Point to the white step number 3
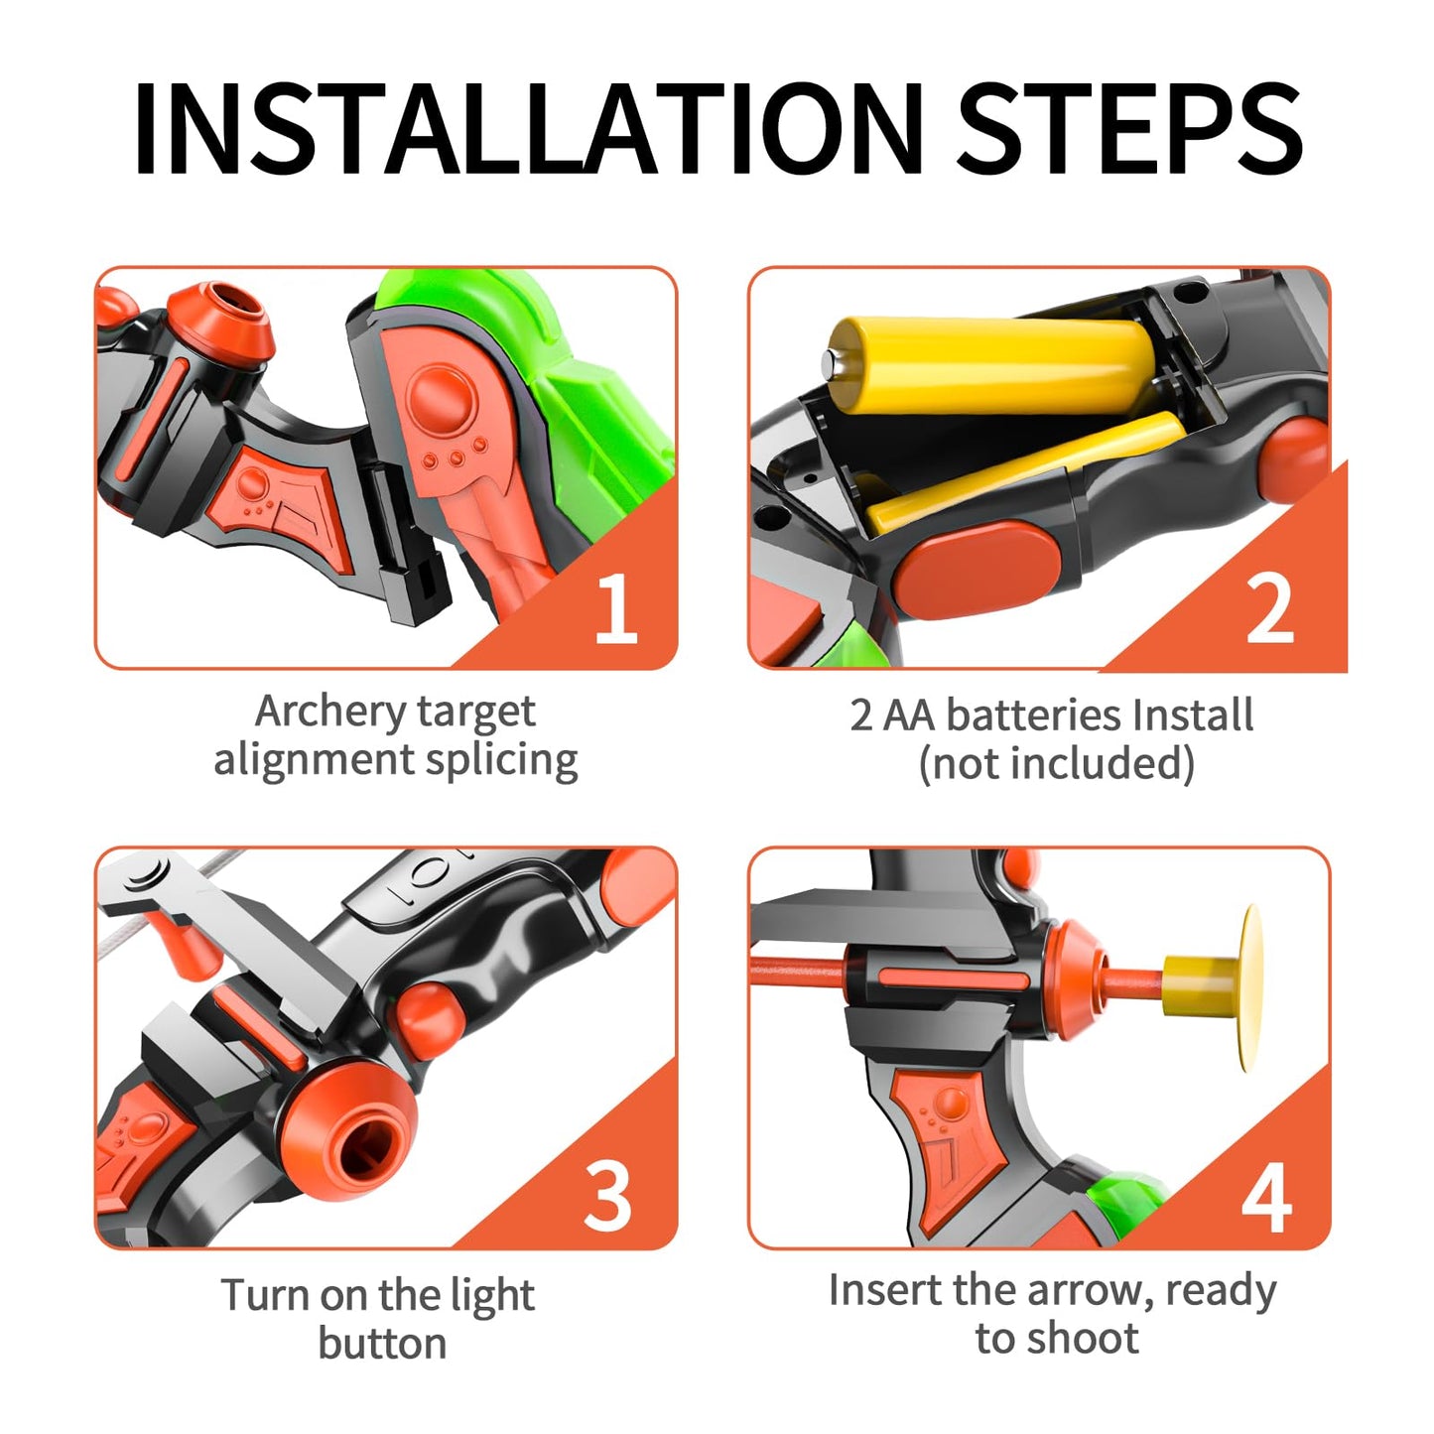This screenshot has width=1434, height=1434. coord(608,1196)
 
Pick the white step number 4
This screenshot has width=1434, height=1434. coord(1266,1196)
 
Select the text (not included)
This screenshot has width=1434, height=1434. coord(1057,763)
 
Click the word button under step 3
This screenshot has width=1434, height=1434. coord(382,1344)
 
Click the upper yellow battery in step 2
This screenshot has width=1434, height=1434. coord(990,364)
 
